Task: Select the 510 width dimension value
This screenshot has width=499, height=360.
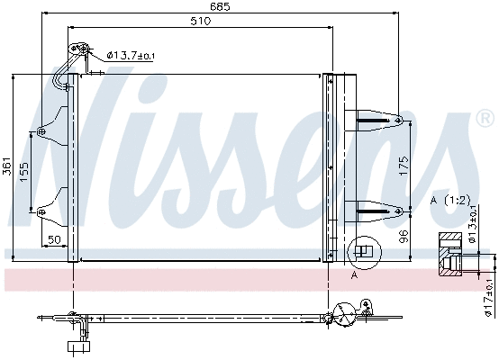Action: (200, 22)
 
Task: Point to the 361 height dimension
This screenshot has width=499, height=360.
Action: (7, 166)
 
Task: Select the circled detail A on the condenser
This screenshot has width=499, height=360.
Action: (363, 252)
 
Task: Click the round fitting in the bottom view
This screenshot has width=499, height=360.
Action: (344, 314)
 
